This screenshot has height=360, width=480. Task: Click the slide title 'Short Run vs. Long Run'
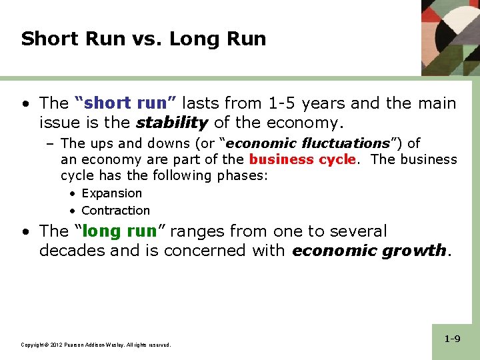point(143,39)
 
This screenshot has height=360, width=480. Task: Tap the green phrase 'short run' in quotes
point(125,103)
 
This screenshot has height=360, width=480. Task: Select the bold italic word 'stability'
point(172,123)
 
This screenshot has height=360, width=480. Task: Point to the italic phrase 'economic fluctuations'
point(308,143)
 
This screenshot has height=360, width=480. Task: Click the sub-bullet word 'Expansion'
point(111,193)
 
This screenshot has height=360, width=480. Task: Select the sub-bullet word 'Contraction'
point(115,211)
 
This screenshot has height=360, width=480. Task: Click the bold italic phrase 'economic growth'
point(369,251)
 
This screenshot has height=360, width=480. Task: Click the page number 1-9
point(452,339)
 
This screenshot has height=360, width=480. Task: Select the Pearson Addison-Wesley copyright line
point(96,345)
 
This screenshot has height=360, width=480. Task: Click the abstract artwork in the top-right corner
point(450,37)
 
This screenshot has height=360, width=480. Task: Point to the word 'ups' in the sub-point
point(100,143)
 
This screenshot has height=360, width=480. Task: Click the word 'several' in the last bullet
point(354,231)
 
